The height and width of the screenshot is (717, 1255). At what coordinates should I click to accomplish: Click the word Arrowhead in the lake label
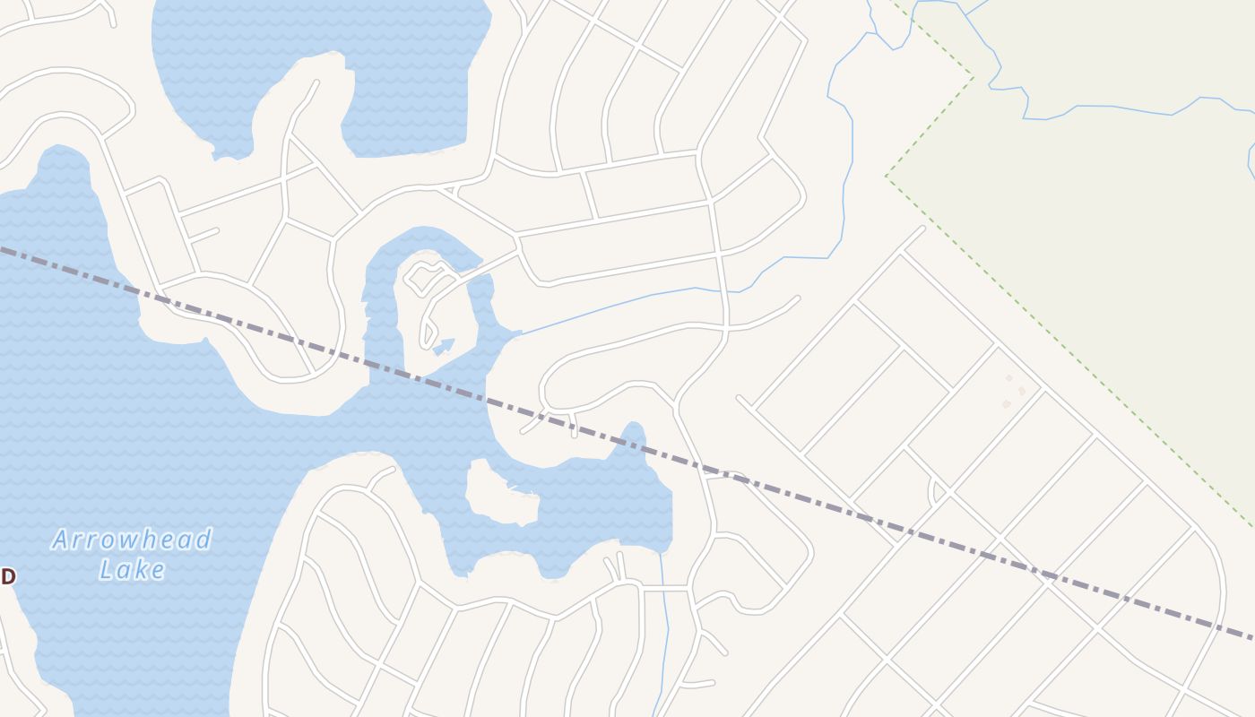click(132, 540)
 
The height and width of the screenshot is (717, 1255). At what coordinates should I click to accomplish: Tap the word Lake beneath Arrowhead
click(132, 569)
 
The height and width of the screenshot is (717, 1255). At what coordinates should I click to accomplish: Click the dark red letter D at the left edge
click(8, 576)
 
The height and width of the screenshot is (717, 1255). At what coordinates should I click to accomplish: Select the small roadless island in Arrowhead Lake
click(499, 494)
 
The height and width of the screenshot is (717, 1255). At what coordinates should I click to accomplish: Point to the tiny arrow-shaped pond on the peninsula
click(444, 346)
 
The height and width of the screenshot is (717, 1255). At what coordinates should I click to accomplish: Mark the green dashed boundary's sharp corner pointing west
click(887, 176)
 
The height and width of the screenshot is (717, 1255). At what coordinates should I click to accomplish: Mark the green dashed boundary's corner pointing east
click(973, 76)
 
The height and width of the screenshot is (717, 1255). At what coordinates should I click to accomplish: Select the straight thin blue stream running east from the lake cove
click(610, 307)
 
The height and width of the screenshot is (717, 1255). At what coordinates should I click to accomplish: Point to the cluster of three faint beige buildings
click(1013, 392)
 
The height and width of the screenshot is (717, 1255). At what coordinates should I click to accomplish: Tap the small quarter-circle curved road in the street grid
click(934, 491)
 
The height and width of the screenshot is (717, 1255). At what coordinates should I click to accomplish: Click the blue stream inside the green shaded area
click(1121, 108)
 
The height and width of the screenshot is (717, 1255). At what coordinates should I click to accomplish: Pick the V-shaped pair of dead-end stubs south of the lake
click(616, 567)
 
